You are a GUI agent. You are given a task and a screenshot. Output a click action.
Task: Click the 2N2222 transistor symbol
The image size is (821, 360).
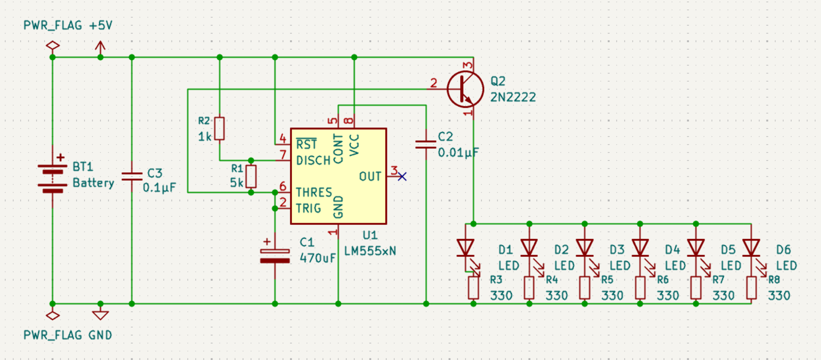[x=465, y=90]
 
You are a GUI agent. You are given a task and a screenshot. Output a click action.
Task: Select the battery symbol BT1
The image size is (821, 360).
[x=53, y=178]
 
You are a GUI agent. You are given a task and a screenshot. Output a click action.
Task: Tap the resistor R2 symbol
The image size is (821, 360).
[x=220, y=128]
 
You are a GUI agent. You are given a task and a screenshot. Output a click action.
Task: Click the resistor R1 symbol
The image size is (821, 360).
[x=251, y=176]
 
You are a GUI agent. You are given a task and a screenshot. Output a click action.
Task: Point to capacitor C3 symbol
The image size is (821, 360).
[x=132, y=176]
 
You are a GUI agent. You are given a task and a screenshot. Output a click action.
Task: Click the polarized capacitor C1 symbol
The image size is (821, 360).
[x=275, y=256]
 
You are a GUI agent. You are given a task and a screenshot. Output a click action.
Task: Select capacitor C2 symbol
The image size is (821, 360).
[x=426, y=144]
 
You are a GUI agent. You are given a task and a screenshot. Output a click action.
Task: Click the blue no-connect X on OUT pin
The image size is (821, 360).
[x=402, y=176]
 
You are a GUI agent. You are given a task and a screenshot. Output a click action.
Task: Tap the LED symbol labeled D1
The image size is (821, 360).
[x=466, y=248]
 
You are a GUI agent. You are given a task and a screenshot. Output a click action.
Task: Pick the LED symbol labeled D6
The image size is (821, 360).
[x=751, y=248]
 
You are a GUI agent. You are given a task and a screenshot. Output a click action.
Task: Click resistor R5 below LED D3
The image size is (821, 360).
[x=585, y=288]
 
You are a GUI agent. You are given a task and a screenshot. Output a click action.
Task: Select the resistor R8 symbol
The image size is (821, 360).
[x=751, y=288]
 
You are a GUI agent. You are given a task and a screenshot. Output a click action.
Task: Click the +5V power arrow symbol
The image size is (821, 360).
[x=100, y=48]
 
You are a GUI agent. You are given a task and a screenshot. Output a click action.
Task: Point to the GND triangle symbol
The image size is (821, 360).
[x=100, y=314]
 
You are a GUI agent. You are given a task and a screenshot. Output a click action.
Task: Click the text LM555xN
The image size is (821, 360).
[x=370, y=251]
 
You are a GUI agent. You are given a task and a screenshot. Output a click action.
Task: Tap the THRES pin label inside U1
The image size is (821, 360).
[x=314, y=192]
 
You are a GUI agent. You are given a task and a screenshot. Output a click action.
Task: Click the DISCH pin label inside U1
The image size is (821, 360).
[x=313, y=160]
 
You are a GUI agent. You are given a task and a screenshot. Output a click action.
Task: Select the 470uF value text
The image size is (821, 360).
[x=318, y=258]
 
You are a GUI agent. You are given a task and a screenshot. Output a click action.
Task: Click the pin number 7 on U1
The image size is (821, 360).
[x=283, y=155]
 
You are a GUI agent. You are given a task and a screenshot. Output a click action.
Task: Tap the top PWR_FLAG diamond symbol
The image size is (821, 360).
[x=53, y=46]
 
